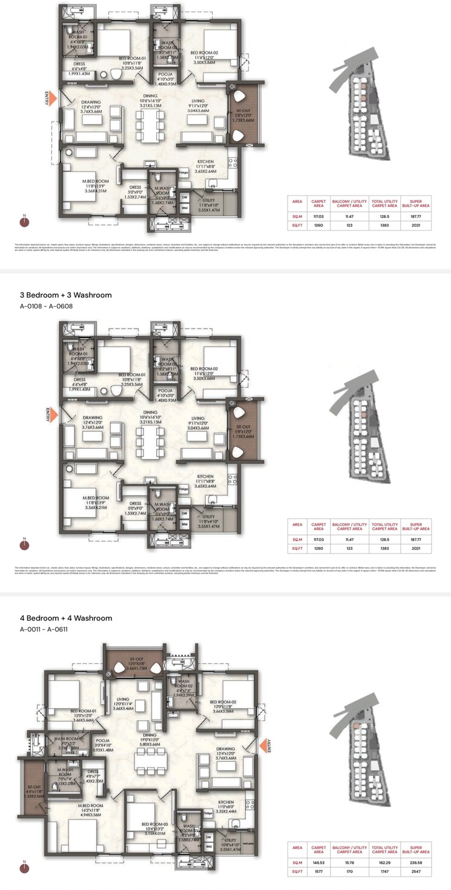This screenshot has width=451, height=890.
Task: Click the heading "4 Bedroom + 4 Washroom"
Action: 66,618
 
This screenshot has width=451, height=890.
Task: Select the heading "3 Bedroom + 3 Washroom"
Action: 66,295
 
